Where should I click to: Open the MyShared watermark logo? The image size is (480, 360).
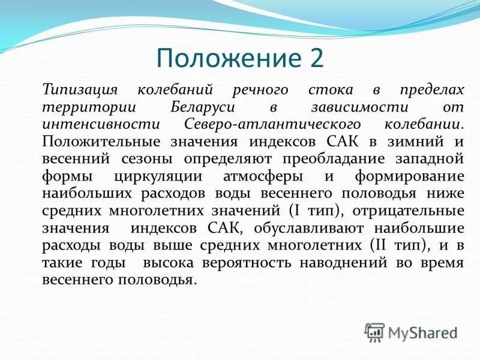(x=411, y=332)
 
